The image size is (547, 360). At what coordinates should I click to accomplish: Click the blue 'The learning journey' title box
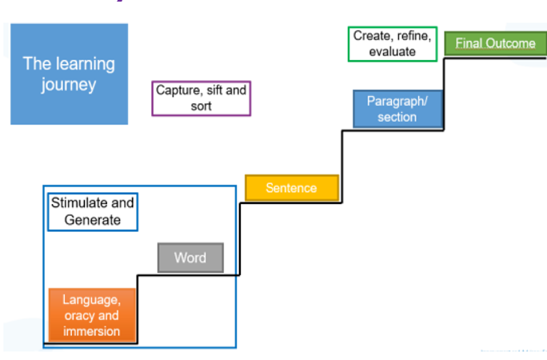pos(69,74)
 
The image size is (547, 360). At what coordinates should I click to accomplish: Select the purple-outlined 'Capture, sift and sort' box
pos(201,98)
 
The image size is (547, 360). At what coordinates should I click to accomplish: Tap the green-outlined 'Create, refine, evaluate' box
pos(392,43)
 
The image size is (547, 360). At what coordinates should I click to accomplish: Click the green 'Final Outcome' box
pos(495,43)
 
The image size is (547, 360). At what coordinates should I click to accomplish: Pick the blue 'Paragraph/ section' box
pos(397,109)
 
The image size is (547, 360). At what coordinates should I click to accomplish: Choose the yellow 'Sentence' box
pos(291,188)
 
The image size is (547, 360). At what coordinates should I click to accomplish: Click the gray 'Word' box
pos(190,258)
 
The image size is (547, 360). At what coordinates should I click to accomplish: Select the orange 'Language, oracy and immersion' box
pos(91,315)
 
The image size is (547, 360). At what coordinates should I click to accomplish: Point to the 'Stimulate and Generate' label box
pos(92,211)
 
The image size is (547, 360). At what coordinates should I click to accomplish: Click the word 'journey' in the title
pos(69,84)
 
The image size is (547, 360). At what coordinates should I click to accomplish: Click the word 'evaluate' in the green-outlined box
pos(392,51)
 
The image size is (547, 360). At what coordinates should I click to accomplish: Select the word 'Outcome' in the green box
pos(509,43)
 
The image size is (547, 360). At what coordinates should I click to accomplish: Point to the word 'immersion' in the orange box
pos(91,330)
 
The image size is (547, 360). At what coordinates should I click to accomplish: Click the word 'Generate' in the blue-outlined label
pos(92,219)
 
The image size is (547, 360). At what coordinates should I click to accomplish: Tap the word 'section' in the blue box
pos(397,117)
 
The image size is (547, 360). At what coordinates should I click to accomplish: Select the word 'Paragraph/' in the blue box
pos(397,101)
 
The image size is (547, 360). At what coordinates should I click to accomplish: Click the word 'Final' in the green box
pos(469,43)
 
